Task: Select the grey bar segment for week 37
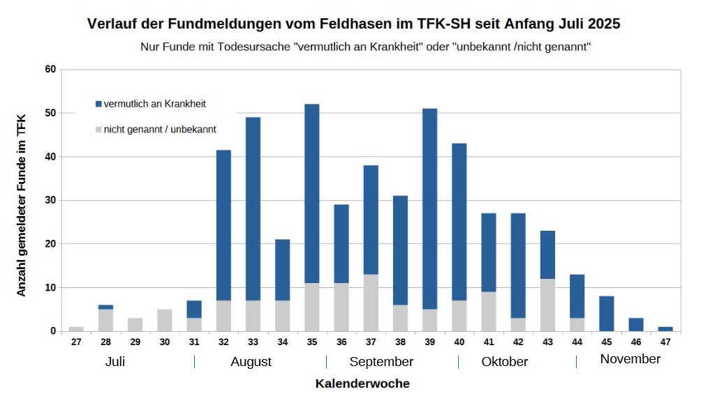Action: pyautogui.click(x=371, y=303)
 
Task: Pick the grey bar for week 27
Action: pyautogui.click(x=76, y=328)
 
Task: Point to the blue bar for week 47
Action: pyautogui.click(x=665, y=328)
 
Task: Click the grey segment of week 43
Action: pyautogui.click(x=547, y=305)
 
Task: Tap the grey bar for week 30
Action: pyautogui.click(x=164, y=320)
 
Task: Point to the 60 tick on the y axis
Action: pyautogui.click(x=50, y=70)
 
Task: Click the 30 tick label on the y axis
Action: pyautogui.click(x=50, y=200)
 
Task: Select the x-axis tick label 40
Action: pyautogui.click(x=459, y=342)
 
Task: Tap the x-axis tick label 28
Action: pyautogui.click(x=105, y=342)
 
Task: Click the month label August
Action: pyautogui.click(x=251, y=362)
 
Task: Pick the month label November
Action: pyautogui.click(x=630, y=359)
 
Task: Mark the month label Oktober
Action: pyautogui.click(x=504, y=362)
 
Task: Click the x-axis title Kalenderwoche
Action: pyautogui.click(x=362, y=383)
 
